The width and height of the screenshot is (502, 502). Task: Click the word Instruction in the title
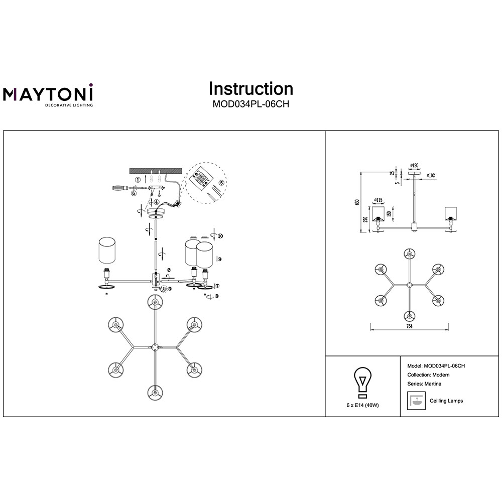[x=250, y=89]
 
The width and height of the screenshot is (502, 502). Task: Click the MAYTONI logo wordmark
[x=48, y=93]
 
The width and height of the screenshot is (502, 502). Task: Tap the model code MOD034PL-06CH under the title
[x=250, y=105]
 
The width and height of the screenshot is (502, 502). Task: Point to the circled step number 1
[x=137, y=179]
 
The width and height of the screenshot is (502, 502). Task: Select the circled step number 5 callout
[x=222, y=183]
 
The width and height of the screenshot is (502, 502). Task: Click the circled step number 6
[x=134, y=193]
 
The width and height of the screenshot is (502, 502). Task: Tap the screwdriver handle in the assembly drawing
[x=118, y=188]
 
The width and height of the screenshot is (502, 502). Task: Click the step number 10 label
[x=220, y=235]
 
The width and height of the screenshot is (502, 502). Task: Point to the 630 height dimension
[x=357, y=202]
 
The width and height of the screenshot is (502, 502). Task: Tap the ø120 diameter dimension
[x=414, y=165]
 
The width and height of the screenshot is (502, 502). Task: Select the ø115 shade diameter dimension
[x=378, y=198]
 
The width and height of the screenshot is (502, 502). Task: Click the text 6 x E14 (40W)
[x=362, y=405]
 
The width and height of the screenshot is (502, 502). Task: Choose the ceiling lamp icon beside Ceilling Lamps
[x=415, y=401]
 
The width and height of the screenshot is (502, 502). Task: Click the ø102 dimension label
[x=430, y=176]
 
